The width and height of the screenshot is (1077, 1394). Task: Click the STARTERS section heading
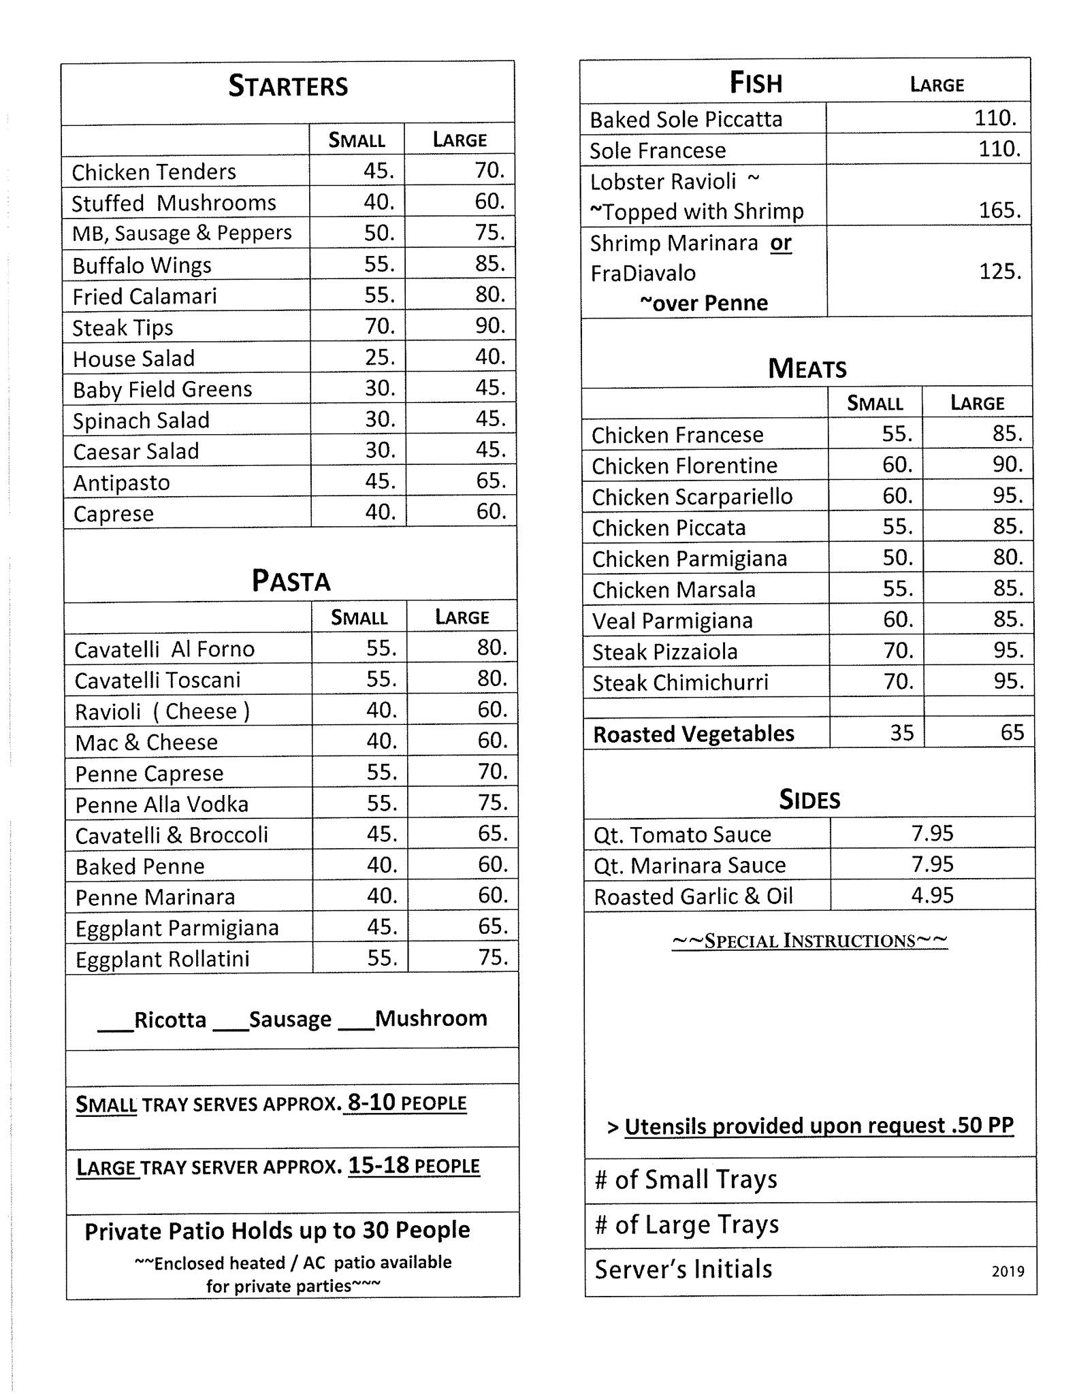tap(288, 86)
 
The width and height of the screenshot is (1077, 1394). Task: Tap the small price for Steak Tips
tap(380, 326)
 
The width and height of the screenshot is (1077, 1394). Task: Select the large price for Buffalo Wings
tap(489, 263)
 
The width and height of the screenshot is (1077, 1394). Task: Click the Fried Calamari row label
tap(145, 296)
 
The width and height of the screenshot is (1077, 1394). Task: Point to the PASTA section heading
tap(291, 581)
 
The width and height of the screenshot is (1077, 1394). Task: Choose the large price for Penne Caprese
tap(492, 772)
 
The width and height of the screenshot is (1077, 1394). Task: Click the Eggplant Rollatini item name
tap(163, 959)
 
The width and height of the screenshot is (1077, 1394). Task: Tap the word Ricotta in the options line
tap(170, 1020)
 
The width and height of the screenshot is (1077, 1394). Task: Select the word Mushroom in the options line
tap(431, 1018)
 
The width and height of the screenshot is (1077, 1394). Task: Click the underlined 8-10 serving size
tap(371, 1102)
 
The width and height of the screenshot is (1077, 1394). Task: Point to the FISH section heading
tap(756, 84)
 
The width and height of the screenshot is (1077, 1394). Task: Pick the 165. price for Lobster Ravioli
tap(999, 210)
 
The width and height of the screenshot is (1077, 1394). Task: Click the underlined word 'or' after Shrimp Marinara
tap(781, 243)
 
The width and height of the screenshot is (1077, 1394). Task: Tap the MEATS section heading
tap(807, 369)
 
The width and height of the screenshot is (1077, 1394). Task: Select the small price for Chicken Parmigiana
tap(897, 557)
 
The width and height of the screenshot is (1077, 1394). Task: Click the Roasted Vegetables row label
tap(694, 734)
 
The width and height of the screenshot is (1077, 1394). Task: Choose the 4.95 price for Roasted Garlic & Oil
tap(932, 895)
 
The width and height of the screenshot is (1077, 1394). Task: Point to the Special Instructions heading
tap(809, 941)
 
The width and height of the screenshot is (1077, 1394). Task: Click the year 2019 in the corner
tap(1008, 1271)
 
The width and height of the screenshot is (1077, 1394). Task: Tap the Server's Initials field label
tap(684, 1269)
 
